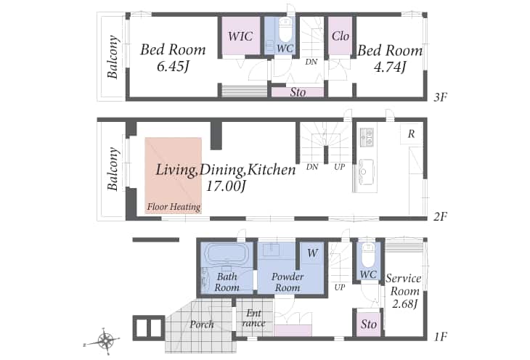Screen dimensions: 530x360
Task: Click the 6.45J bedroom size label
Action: click(172, 67)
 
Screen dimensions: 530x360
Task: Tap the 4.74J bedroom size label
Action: click(390, 67)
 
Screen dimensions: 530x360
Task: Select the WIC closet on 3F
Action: click(240, 36)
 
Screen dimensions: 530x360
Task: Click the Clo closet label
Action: click(340, 36)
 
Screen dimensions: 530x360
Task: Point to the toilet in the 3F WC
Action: click(285, 28)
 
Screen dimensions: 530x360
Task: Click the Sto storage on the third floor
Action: click(298, 92)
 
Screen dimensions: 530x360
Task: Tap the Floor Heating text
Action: click(174, 207)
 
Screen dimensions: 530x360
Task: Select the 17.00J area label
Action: click(226, 186)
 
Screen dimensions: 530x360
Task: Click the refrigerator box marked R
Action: click(411, 134)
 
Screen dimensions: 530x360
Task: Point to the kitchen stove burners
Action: click(367, 137)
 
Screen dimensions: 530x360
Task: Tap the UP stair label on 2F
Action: click(339, 167)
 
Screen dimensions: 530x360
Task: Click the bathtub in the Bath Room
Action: click(227, 253)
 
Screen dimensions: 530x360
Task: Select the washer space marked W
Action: click(312, 253)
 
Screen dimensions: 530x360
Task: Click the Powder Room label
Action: click(288, 282)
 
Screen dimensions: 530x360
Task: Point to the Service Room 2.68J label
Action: click(404, 291)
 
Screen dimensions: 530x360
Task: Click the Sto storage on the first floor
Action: click(368, 324)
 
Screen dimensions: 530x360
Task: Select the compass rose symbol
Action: click(106, 341)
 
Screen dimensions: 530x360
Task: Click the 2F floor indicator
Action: click(441, 216)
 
